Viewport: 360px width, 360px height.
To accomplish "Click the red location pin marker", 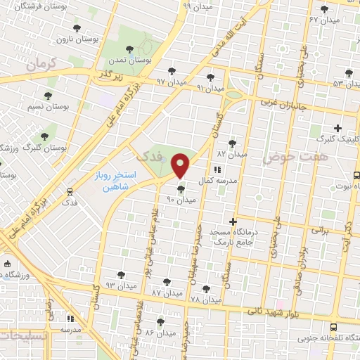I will click(x=181, y=166).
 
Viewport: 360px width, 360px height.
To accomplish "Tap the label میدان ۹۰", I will click(x=181, y=200).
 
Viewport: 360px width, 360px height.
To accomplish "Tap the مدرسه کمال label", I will click(x=214, y=181).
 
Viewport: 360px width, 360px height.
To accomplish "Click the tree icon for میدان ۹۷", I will click(x=172, y=71).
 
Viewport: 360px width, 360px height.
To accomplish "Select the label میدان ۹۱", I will click(x=210, y=88).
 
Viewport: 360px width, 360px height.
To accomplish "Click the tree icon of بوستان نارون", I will click(x=77, y=29).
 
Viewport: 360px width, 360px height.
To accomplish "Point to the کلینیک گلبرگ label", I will click(x=335, y=139).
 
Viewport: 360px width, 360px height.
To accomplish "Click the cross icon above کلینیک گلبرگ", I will click(x=338, y=128).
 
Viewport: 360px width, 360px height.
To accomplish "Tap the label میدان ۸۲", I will click(x=232, y=153).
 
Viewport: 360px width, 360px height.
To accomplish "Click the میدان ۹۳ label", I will click(x=120, y=285).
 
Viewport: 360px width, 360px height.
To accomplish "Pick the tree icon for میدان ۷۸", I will click(x=205, y=289).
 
